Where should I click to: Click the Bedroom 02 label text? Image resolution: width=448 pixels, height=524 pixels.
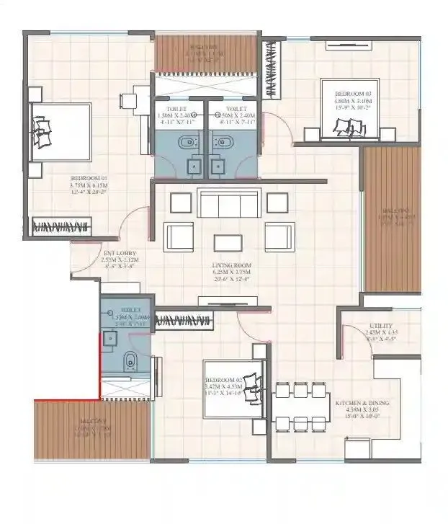(x=223, y=385)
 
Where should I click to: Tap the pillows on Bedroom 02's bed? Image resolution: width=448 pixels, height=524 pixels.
(x=253, y=380)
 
